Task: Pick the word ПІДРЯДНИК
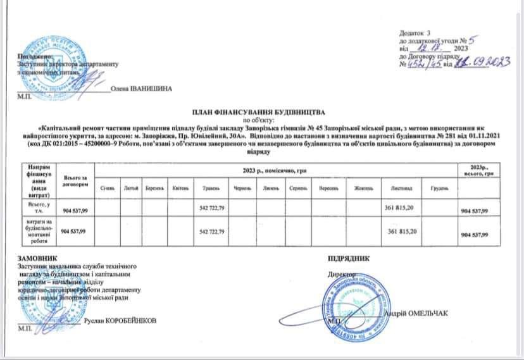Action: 349,258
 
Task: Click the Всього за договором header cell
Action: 75,179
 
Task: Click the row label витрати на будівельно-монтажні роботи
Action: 37,232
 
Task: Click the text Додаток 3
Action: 415,32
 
